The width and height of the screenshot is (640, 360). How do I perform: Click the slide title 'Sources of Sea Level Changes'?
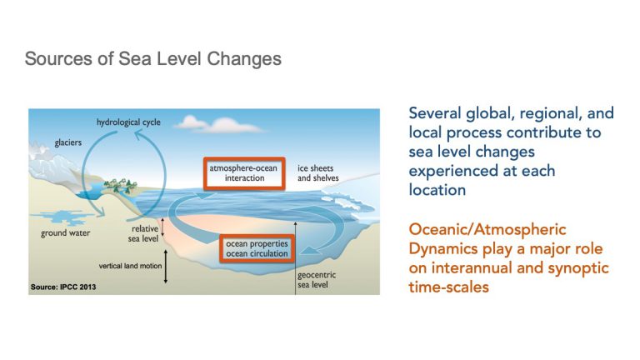(x=153, y=59)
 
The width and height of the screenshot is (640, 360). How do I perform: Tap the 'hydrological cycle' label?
(x=128, y=122)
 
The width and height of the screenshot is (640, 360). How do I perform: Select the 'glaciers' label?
(x=68, y=142)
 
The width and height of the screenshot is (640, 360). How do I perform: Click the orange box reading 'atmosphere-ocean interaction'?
(x=244, y=173)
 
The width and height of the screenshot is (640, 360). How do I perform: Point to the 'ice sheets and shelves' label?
(x=318, y=173)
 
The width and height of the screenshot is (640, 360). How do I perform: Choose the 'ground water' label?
(x=65, y=233)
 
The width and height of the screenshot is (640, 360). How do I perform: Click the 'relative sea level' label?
(x=143, y=233)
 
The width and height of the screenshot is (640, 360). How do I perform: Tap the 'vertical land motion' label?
(x=130, y=266)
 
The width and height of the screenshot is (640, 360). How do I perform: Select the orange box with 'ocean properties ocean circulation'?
(x=257, y=248)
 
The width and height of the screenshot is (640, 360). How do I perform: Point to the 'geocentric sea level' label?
(x=317, y=280)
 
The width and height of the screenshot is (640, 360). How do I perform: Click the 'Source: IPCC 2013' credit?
(x=63, y=287)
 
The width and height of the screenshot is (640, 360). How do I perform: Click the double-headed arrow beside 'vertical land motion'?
(x=166, y=267)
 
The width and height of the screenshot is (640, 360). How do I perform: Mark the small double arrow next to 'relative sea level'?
(x=162, y=227)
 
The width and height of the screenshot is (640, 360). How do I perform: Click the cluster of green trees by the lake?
(x=120, y=185)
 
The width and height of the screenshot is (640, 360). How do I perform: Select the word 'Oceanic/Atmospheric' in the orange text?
(x=487, y=229)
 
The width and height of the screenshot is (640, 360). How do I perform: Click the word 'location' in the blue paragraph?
(x=437, y=190)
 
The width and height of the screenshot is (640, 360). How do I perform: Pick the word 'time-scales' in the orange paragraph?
(x=448, y=287)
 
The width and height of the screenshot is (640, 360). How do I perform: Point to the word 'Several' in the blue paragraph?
(x=435, y=113)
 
